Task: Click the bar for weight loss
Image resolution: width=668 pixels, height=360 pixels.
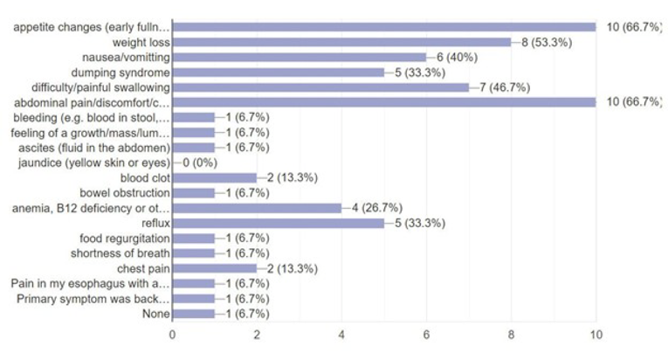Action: [341, 41]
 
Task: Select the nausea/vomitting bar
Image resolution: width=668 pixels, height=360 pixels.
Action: [299, 57]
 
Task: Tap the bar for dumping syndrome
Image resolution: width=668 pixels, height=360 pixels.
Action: [278, 72]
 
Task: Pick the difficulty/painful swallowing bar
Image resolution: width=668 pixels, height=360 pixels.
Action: [320, 87]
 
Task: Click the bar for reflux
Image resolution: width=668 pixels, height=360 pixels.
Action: [278, 223]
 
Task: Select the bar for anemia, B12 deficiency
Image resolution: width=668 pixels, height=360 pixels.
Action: [257, 208]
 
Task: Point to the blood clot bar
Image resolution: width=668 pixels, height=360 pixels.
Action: [214, 177]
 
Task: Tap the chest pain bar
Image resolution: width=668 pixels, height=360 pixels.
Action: [214, 268]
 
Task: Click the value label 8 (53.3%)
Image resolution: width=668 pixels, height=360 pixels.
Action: [547, 41]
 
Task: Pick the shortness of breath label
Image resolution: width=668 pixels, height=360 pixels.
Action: [121, 253]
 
